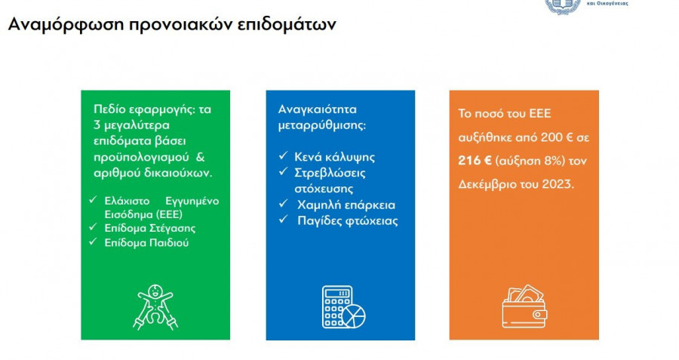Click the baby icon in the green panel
155,306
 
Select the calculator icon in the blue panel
343,306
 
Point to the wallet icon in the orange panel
524,306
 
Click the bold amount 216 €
475,161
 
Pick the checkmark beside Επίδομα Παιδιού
93,242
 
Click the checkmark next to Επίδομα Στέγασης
93,226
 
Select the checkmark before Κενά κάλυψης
283,155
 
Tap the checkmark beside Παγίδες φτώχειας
283,219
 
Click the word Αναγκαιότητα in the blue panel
318,109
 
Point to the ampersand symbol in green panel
200,157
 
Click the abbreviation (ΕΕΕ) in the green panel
168,214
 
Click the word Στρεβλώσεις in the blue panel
330,173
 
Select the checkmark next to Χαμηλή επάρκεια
283,203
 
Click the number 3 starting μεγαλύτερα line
97,125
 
